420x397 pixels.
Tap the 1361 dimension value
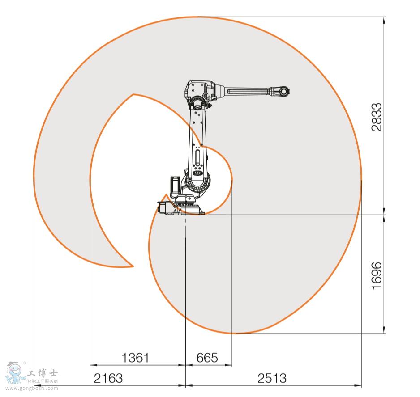coord(135,358)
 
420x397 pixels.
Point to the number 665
coord(207,358)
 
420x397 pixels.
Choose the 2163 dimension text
coord(108,378)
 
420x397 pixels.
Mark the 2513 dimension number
coord(272,378)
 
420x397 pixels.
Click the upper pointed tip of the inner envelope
coord(133,94)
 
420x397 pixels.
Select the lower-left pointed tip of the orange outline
coord(133,266)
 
